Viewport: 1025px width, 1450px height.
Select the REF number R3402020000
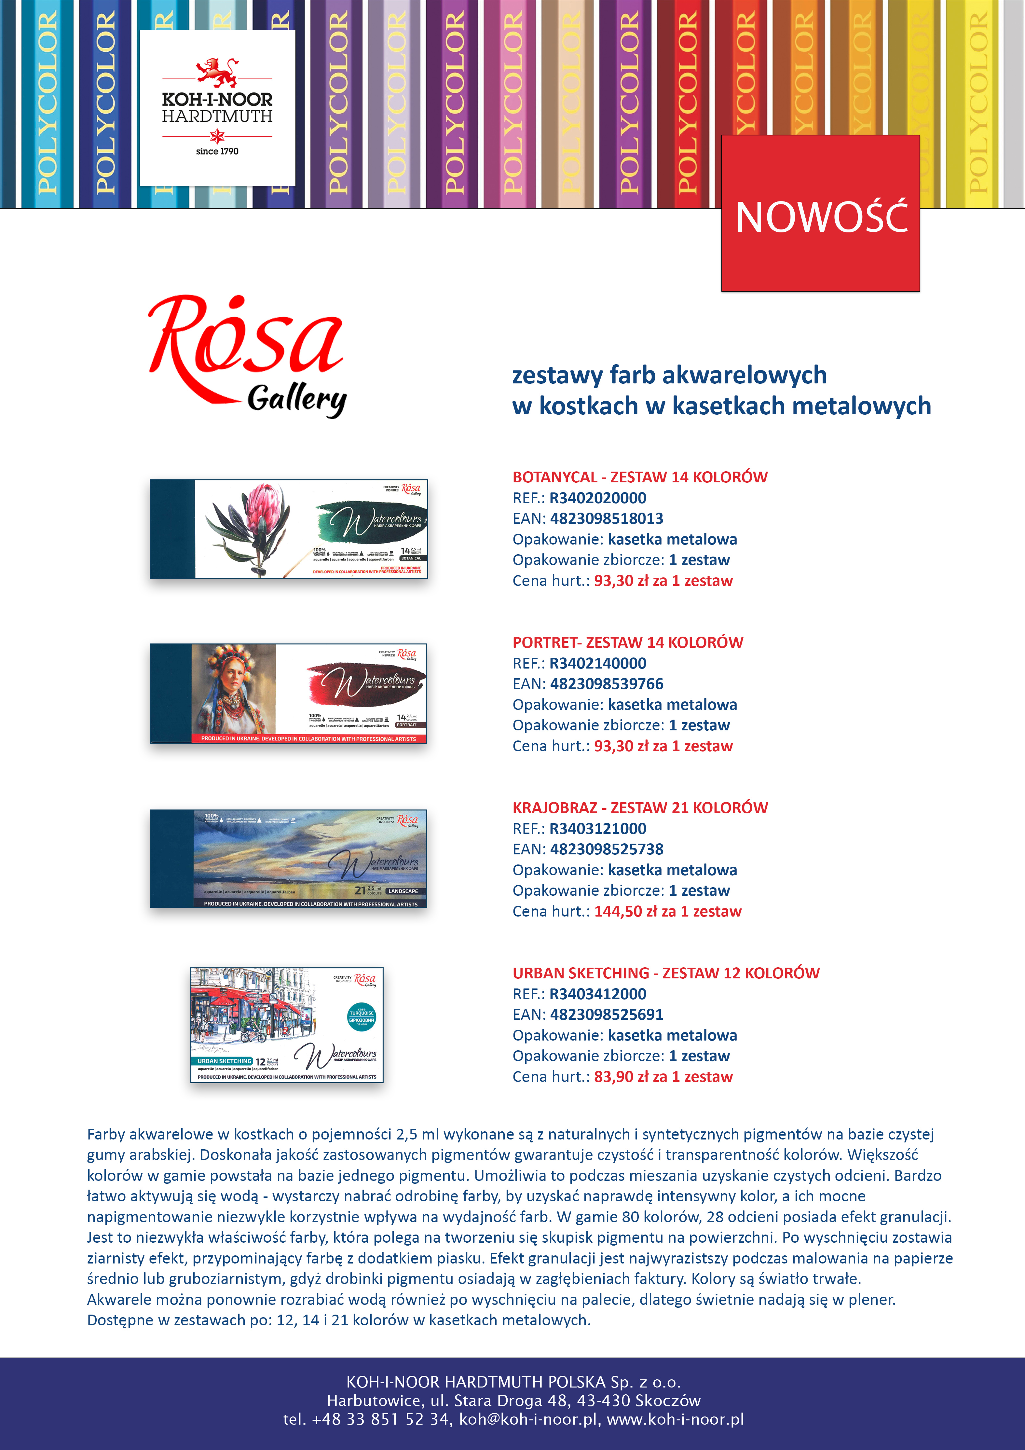(x=597, y=498)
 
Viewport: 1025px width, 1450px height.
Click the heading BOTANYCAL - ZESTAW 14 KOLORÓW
(x=640, y=477)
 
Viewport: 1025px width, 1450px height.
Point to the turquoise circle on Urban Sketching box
(x=362, y=1017)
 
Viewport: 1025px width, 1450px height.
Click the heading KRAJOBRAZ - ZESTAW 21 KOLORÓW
(x=640, y=808)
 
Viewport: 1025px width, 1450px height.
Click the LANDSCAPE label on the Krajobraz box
(x=403, y=891)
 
